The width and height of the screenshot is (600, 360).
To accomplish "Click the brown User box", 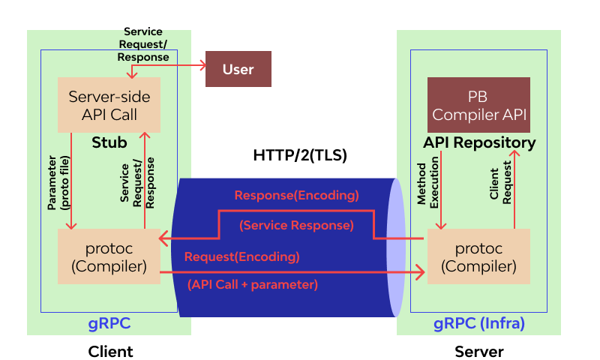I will [238, 70].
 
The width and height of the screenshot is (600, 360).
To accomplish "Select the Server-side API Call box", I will [109, 105].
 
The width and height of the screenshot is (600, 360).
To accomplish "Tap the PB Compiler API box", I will [478, 105].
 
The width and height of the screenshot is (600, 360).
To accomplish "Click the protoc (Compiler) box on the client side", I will [109, 257].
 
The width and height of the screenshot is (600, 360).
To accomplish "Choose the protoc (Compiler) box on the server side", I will [478, 257].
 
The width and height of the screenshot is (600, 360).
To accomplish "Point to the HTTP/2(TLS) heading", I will [300, 157].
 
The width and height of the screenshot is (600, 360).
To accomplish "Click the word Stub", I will [109, 142].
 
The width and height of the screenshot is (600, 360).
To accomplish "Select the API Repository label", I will [479, 142].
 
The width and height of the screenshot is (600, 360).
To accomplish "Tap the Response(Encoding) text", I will [297, 196].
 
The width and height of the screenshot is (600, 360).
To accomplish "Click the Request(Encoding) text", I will [242, 256].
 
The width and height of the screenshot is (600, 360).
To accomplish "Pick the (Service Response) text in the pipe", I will [296, 225].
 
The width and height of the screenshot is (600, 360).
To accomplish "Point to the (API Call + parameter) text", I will [252, 284].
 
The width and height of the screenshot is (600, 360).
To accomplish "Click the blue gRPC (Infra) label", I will [479, 324].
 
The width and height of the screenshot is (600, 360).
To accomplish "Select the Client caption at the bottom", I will [110, 351].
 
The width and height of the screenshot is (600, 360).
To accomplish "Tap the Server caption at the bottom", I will [479, 351].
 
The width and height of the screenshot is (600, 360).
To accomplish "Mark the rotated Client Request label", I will [501, 184].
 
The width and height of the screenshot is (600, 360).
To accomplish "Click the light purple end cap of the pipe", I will [396, 247].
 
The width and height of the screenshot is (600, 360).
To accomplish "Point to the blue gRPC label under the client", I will [109, 324].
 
